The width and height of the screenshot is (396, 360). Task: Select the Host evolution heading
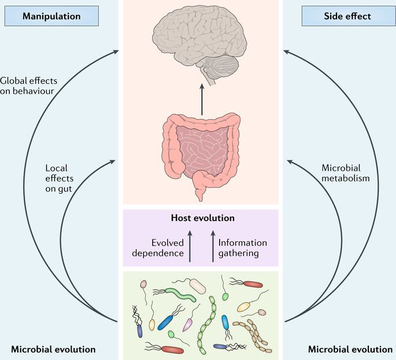tap(202, 218)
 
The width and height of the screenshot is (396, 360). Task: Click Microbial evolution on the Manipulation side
tap(53, 349)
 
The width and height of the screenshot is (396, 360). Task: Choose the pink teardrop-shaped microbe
tap(188, 325)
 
